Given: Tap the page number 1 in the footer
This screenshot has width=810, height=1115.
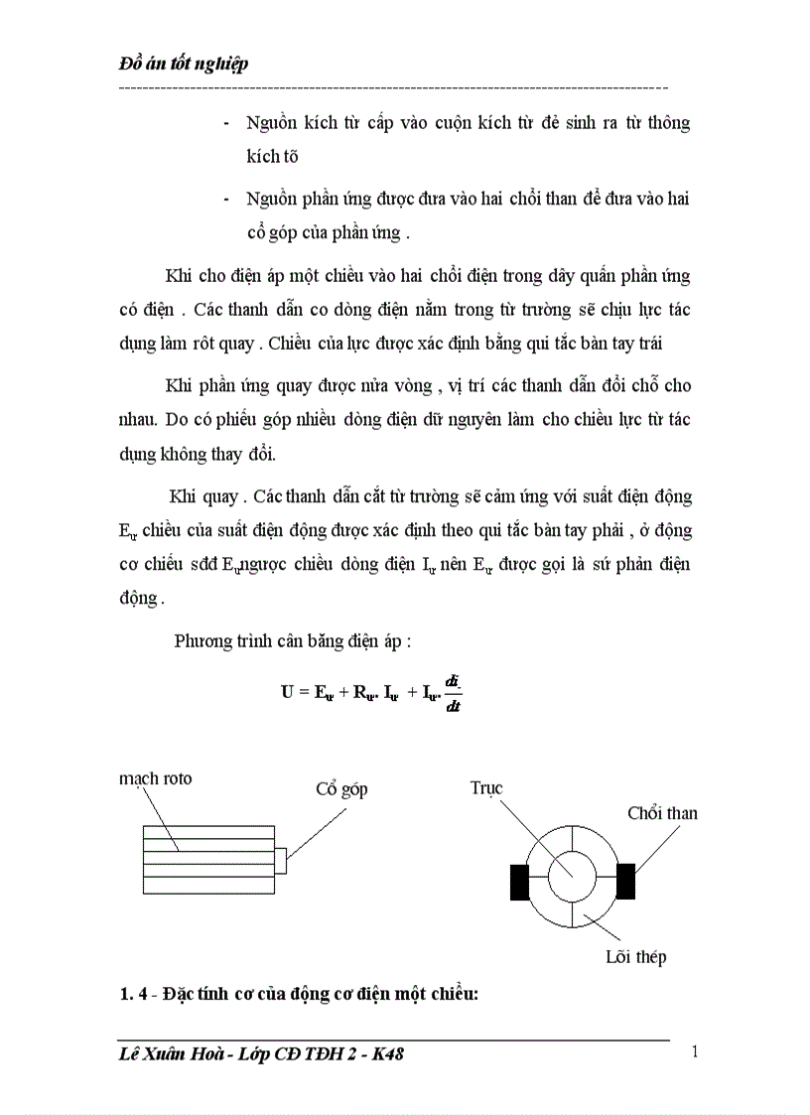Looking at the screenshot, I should [x=694, y=1052].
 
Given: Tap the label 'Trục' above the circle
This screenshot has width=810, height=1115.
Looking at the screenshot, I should [x=485, y=788].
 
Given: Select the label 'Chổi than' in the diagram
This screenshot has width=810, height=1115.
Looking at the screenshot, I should [x=662, y=813].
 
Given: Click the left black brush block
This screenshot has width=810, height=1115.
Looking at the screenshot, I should [x=518, y=880].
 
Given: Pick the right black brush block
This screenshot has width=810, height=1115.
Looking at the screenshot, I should [x=625, y=880].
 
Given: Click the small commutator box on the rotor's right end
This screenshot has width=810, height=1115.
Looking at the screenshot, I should [x=281, y=860].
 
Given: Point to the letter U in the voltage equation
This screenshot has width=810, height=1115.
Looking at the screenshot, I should [x=288, y=693].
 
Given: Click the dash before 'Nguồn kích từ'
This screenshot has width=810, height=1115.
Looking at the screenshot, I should [x=229, y=123].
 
